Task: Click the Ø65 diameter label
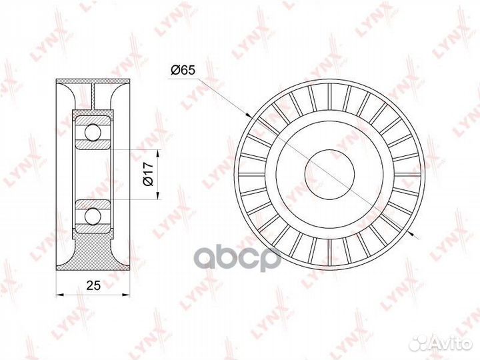pos(183,70)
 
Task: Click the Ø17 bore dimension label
pos(148,175)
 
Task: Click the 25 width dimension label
pos(93,285)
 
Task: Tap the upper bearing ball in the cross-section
pos(93,133)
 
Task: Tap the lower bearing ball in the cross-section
pos(93,217)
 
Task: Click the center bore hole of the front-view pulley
pos(330,175)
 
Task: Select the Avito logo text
pos(451,343)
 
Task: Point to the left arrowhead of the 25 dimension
pos(60,295)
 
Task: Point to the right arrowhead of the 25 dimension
pos(126,295)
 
